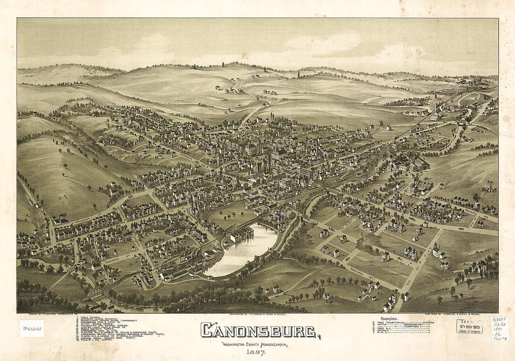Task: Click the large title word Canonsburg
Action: (259, 331)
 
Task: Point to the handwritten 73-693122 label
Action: (31, 328)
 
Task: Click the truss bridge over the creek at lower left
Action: (95, 293)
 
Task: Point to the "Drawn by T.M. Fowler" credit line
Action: (47, 314)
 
